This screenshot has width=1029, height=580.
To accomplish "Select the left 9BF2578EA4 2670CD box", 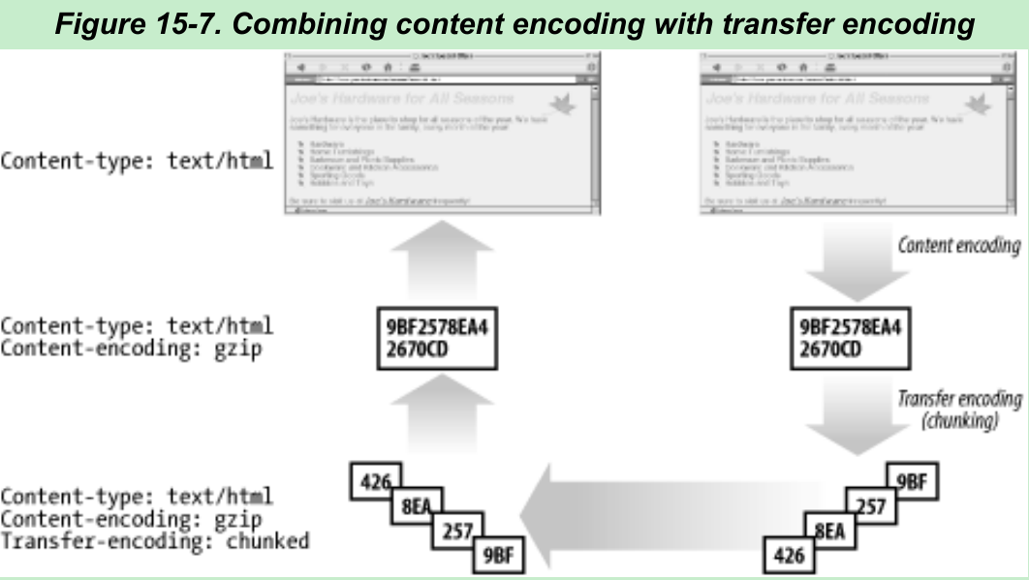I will [x=437, y=337].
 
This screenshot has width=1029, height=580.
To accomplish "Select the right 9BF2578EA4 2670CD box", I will [x=851, y=337].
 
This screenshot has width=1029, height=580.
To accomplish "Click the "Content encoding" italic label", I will [x=959, y=244].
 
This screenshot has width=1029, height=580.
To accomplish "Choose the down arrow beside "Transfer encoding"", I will [x=851, y=418].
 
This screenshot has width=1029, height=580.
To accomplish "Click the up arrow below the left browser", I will [x=437, y=261].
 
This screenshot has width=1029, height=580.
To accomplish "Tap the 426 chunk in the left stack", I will [x=376, y=481].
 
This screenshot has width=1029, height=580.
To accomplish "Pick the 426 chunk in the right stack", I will [x=789, y=556].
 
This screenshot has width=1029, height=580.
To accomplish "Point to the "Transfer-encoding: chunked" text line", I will [x=155, y=540].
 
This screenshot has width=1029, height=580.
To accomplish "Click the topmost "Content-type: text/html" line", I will [x=137, y=160].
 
